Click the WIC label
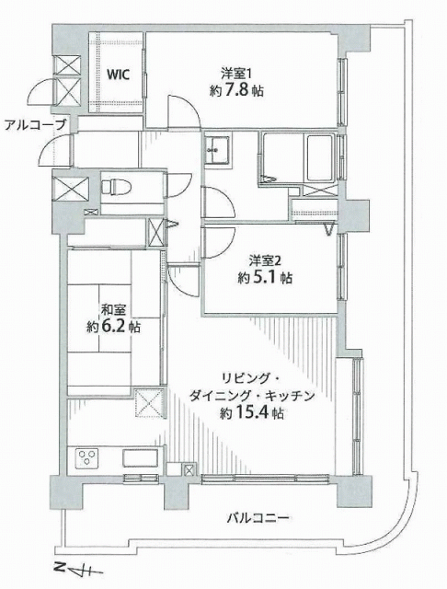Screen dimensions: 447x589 119,75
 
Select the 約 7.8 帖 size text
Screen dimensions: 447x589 236,90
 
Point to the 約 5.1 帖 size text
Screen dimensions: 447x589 265,278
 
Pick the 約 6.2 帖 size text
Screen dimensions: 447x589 113,327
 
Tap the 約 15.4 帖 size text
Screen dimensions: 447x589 251,413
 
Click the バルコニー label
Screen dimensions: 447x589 258,519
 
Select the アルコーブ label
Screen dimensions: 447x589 35,124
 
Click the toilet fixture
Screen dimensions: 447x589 116,187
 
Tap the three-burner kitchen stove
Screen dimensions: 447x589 87,458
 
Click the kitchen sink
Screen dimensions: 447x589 140,458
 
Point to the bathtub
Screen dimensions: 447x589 320,157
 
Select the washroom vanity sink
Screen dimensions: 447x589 217,150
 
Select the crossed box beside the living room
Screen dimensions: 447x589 149,403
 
